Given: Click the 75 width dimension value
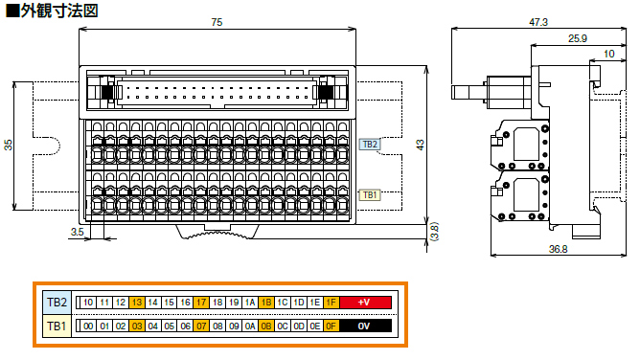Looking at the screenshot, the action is pyautogui.click(x=217, y=22).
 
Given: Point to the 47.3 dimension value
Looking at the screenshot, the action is pyautogui.click(x=538, y=22).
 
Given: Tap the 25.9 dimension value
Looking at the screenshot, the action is pyautogui.click(x=578, y=38).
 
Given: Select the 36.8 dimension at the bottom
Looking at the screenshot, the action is pyautogui.click(x=558, y=249).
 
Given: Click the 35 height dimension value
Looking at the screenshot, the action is pyautogui.click(x=9, y=146).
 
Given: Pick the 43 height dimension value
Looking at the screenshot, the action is pyautogui.click(x=420, y=146).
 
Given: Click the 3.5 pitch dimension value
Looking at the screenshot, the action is pyautogui.click(x=78, y=232).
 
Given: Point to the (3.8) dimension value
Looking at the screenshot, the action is pyautogui.click(x=434, y=232).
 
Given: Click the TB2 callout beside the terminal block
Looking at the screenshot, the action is pyautogui.click(x=370, y=145).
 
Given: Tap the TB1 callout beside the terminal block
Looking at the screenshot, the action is pyautogui.click(x=370, y=195).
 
